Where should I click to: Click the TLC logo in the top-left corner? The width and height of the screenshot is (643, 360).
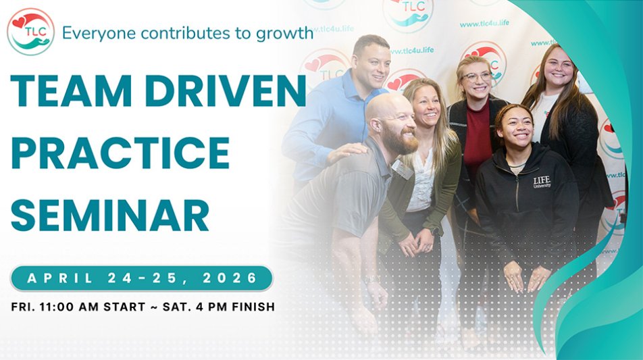(x=30, y=31)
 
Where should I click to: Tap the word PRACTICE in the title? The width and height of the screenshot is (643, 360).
(x=120, y=153)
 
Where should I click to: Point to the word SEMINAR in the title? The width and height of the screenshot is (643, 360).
(x=109, y=214)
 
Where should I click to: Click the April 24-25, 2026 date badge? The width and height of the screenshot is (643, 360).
(x=142, y=278)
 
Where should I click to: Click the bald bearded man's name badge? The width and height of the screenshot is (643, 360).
(x=403, y=170)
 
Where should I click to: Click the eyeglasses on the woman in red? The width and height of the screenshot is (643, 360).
(x=477, y=77)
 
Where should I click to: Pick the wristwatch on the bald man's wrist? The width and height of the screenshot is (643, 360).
(x=372, y=278)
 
